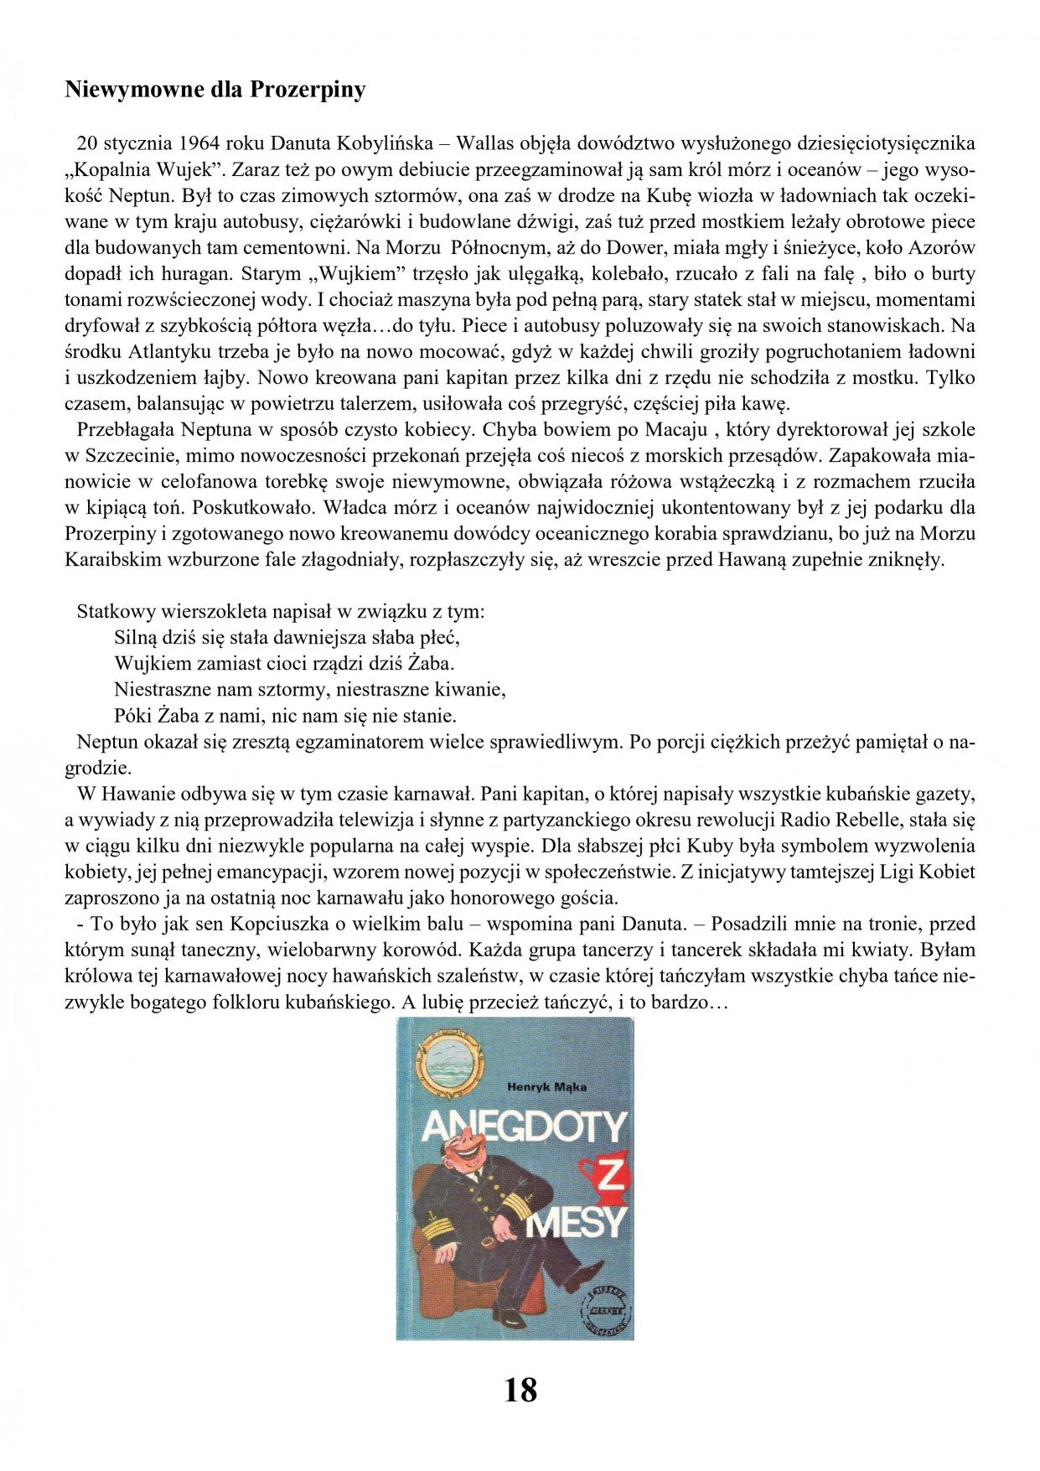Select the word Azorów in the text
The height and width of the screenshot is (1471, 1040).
click(x=944, y=247)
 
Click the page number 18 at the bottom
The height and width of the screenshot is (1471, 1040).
click(x=520, y=1390)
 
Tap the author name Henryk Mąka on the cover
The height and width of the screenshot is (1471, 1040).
click(x=546, y=1087)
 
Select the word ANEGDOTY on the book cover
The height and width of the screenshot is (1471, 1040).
click(x=524, y=1128)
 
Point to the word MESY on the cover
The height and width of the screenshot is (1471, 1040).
click(x=577, y=1224)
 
